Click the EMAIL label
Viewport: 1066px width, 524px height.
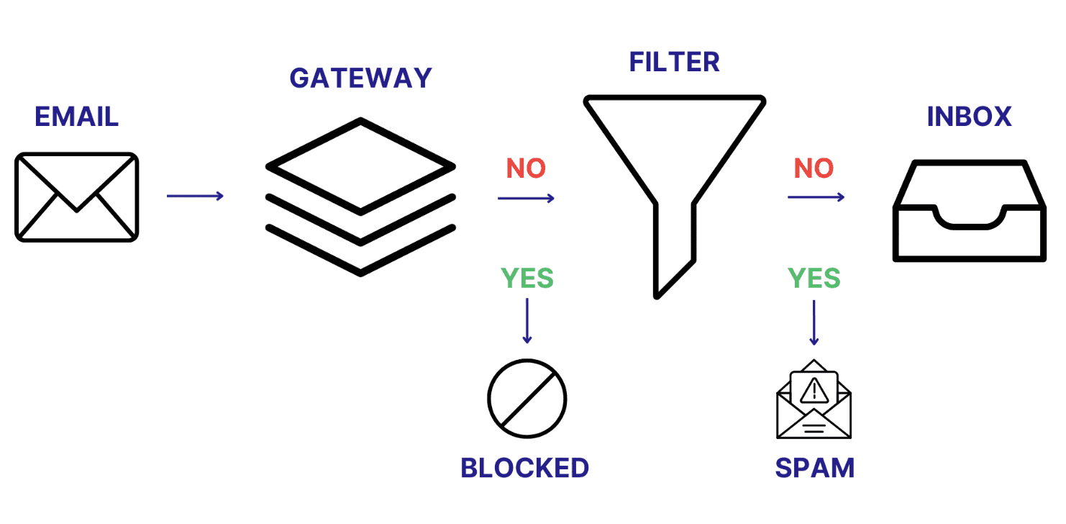click(x=76, y=117)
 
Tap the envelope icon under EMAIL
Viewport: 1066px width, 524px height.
click(x=76, y=196)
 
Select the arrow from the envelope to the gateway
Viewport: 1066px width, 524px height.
click(x=195, y=196)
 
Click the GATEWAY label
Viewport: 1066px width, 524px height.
click(x=360, y=78)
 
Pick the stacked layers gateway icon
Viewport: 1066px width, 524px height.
click(x=360, y=196)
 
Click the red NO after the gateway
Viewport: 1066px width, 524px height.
click(x=526, y=168)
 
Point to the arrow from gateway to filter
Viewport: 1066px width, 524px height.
click(x=526, y=198)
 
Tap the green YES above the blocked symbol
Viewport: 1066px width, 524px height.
click(x=527, y=278)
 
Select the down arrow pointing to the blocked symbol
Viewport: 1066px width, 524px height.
click(x=527, y=320)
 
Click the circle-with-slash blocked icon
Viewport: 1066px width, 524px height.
click(x=527, y=399)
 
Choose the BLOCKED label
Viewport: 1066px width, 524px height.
click(x=524, y=469)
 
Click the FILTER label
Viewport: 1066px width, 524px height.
click(x=674, y=62)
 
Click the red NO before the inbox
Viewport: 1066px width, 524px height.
click(x=814, y=168)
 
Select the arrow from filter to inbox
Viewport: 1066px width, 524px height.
click(x=816, y=196)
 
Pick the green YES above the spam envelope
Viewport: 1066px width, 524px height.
click(x=814, y=278)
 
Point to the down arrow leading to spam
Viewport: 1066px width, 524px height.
click(x=814, y=322)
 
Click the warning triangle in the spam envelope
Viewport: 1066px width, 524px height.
click(x=814, y=390)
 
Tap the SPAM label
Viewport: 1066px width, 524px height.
click(x=814, y=469)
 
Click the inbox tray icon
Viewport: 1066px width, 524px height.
click(x=969, y=210)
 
